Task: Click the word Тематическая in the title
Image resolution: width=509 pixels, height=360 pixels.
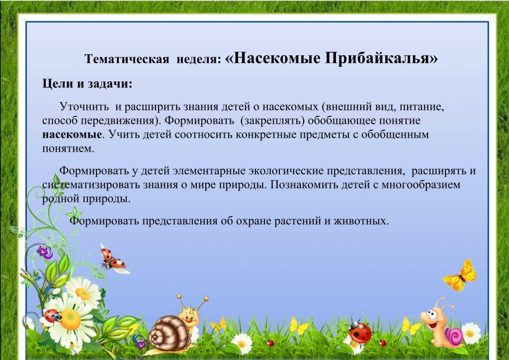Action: (x=127, y=59)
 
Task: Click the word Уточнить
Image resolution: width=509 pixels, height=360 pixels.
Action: (x=84, y=106)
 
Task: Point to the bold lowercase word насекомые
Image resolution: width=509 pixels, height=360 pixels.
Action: (x=72, y=134)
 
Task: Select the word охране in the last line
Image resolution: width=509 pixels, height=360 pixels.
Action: (x=254, y=221)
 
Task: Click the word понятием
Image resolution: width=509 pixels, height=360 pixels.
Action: (x=68, y=149)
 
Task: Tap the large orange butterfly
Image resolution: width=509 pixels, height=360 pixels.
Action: (x=460, y=275)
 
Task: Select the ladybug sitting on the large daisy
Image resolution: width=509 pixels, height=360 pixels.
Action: (x=53, y=316)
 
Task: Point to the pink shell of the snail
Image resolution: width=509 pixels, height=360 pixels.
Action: (x=454, y=336)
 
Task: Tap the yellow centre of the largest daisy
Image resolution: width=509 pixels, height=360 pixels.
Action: (x=70, y=319)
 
